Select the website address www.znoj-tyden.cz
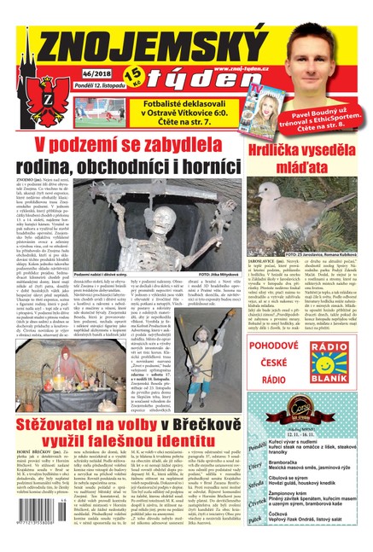point(242,67)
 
